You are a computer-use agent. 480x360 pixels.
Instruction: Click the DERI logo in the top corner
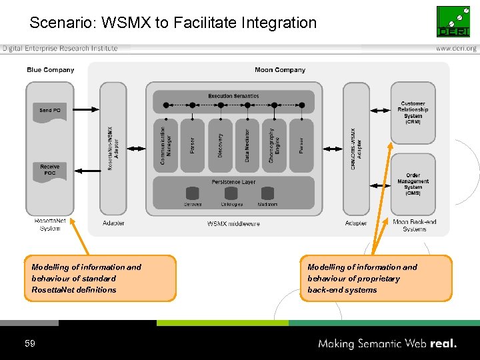click(453, 21)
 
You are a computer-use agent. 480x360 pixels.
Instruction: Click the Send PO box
click(50, 110)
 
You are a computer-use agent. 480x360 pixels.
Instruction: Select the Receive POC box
click(50, 170)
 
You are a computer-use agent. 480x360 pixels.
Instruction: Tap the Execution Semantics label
click(233, 96)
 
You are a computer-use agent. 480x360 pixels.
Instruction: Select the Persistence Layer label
click(233, 182)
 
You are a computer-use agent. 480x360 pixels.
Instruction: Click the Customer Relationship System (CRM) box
click(413, 112)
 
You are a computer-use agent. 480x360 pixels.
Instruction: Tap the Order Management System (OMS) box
click(413, 183)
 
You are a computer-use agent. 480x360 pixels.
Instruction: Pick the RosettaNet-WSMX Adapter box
click(113, 148)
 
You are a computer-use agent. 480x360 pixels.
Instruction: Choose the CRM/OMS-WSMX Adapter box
click(356, 148)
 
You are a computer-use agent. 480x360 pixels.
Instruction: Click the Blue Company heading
click(51, 70)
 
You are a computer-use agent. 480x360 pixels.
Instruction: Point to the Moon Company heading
click(280, 70)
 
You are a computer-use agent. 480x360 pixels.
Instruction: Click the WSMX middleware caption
click(233, 223)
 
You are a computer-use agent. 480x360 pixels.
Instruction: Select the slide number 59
click(29, 343)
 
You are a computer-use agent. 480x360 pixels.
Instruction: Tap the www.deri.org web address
click(456, 49)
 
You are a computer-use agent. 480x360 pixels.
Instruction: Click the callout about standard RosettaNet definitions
click(100, 279)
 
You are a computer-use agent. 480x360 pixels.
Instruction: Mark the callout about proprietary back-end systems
click(375, 279)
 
